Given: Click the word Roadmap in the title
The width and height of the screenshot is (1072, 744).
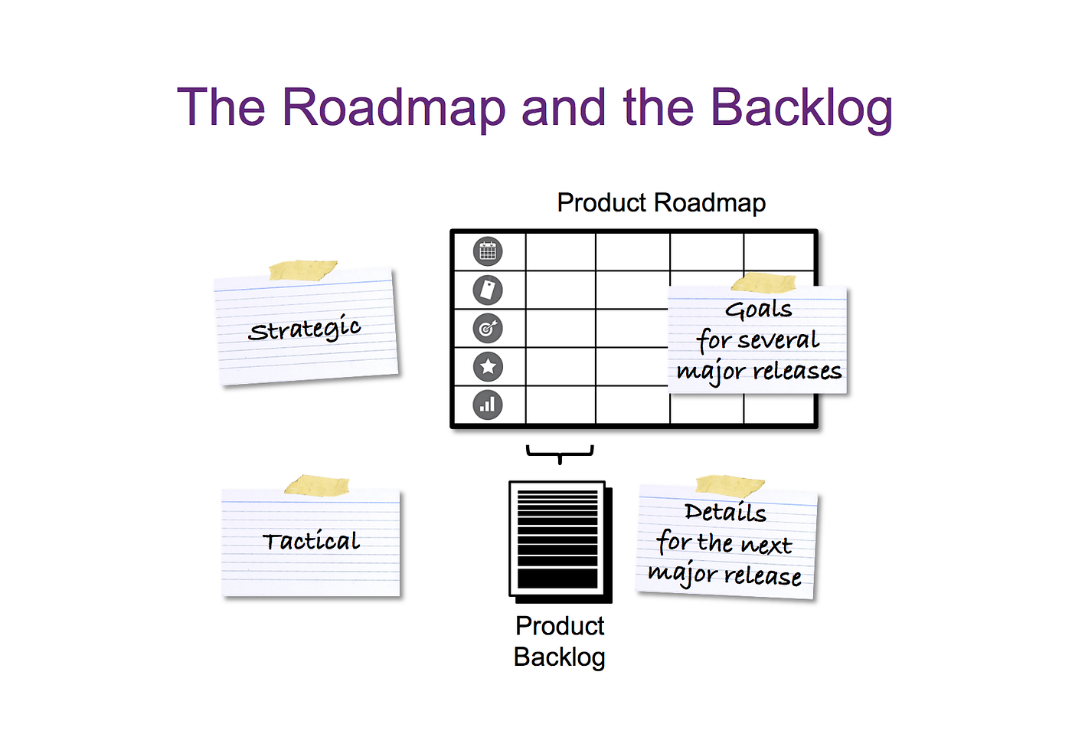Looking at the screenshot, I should [x=394, y=107].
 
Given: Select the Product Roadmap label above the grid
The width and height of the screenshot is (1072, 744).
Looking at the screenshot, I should [x=661, y=203].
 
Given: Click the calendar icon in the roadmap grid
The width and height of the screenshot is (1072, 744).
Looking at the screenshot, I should [x=488, y=251].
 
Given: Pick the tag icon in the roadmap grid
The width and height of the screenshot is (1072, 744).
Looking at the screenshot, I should [x=488, y=290].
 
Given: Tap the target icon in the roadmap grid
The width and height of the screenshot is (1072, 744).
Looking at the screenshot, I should [x=488, y=329].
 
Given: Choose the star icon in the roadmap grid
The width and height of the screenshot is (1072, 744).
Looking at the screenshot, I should [x=488, y=367].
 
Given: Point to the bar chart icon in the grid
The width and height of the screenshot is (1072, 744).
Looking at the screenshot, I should [x=488, y=405].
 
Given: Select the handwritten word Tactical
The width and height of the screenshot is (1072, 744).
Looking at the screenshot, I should [x=311, y=541].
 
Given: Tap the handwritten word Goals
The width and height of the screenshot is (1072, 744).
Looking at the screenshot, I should [x=758, y=310].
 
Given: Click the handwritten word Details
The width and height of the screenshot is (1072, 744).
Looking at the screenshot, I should [x=725, y=512].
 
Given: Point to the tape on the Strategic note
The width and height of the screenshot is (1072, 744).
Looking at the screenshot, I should [x=302, y=270].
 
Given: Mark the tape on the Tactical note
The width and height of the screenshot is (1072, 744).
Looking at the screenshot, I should [x=317, y=485].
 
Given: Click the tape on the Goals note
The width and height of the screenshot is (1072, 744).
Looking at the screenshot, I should [x=763, y=283].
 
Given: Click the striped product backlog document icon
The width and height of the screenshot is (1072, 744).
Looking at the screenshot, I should [x=559, y=539].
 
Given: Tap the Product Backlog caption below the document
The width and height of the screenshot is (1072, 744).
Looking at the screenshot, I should [x=560, y=641].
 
